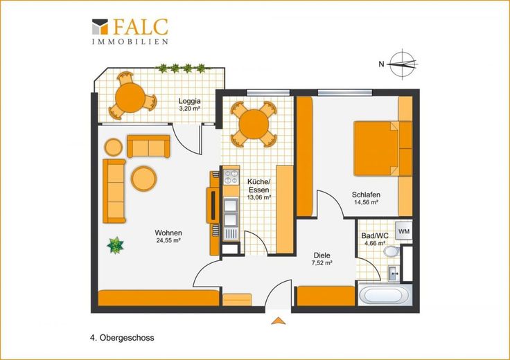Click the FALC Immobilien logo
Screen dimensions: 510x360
[130, 31]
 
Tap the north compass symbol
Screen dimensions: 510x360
[403, 64]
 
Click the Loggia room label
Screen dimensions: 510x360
[189, 100]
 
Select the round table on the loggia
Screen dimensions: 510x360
[130, 98]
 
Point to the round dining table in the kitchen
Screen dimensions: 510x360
[254, 124]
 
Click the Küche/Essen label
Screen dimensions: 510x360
[258, 186]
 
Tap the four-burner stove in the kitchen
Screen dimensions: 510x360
[231, 177]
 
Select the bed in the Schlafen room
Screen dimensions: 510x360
[382, 148]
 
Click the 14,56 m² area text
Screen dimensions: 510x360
[366, 202]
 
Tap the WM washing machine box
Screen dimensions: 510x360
[404, 232]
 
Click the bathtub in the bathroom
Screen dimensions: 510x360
[385, 295]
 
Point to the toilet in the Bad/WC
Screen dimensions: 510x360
[392, 251]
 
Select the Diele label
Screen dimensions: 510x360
[322, 255]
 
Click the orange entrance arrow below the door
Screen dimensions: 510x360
[279, 321]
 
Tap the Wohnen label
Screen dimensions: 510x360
[168, 233]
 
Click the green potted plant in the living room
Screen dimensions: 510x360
[115, 245]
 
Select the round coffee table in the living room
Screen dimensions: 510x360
[143, 179]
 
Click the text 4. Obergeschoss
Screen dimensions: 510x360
[122, 338]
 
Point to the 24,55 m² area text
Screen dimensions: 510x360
[168, 241]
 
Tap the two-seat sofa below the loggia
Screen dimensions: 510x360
[148, 146]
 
